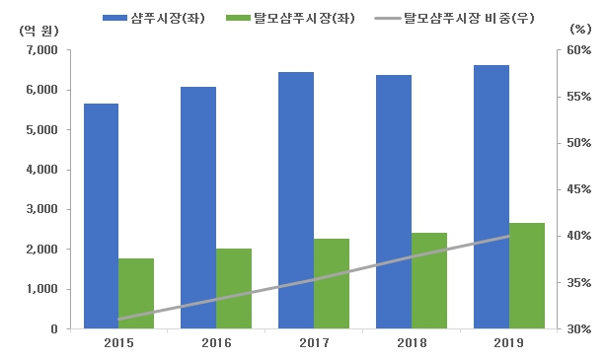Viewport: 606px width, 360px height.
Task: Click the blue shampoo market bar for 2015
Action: coord(101,216)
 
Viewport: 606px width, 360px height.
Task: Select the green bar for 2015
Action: coord(136,293)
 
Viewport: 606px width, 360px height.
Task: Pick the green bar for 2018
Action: coord(428,280)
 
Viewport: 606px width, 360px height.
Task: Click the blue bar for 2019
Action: coord(491,196)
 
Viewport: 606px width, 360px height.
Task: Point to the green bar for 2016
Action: coord(234,288)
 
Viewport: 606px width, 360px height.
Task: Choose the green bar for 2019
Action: coord(526,275)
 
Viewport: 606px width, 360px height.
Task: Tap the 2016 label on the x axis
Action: coord(216,342)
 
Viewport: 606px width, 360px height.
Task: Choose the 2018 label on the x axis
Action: coord(412,342)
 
